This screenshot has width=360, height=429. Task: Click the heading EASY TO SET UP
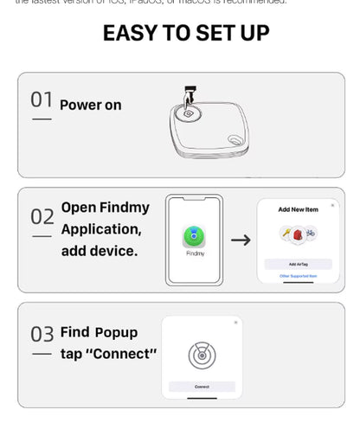185,34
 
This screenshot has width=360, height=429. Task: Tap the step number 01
42,100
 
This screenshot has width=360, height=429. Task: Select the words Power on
90,106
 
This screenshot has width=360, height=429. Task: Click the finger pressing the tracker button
189,96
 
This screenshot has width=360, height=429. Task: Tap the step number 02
42,216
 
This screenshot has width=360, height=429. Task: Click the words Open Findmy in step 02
105,208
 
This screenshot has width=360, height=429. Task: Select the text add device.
99,252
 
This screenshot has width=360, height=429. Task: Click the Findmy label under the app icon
195,253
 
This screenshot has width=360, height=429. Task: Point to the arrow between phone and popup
241,240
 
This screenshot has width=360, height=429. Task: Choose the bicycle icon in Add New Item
309,234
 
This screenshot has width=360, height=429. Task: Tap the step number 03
42,334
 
